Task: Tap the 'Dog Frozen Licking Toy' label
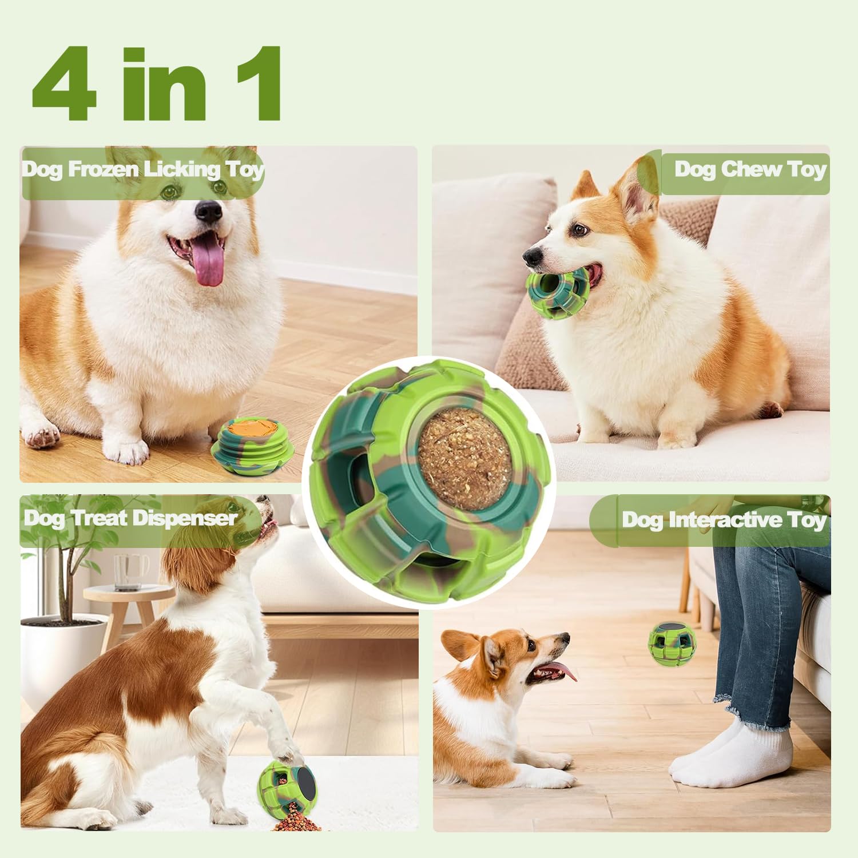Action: tap(143, 170)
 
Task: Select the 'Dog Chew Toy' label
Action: tap(750, 169)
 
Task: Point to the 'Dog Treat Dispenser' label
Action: tap(130, 518)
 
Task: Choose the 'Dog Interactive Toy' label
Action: tap(724, 520)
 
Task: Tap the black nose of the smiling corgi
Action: tap(208, 212)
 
